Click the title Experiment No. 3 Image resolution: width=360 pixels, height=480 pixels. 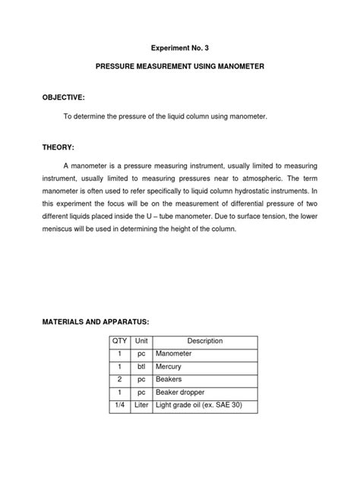(180, 46)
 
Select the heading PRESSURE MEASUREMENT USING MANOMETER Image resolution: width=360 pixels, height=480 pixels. (180, 68)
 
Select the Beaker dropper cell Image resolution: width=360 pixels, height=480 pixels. (181, 393)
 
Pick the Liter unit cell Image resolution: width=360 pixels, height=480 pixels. (141, 407)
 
